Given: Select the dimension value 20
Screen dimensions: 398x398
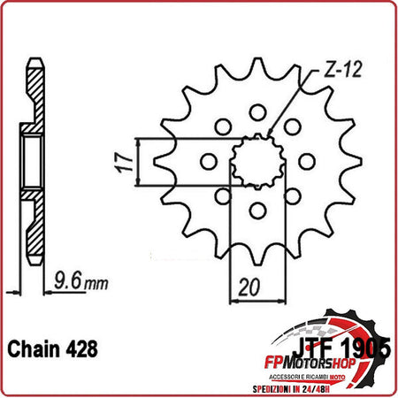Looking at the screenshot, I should coord(250,287).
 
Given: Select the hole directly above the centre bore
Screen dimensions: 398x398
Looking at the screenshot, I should coord(257,112).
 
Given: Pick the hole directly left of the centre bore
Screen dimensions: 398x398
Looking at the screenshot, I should coord(208,161).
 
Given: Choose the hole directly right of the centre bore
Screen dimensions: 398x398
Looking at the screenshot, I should coord(306,161).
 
